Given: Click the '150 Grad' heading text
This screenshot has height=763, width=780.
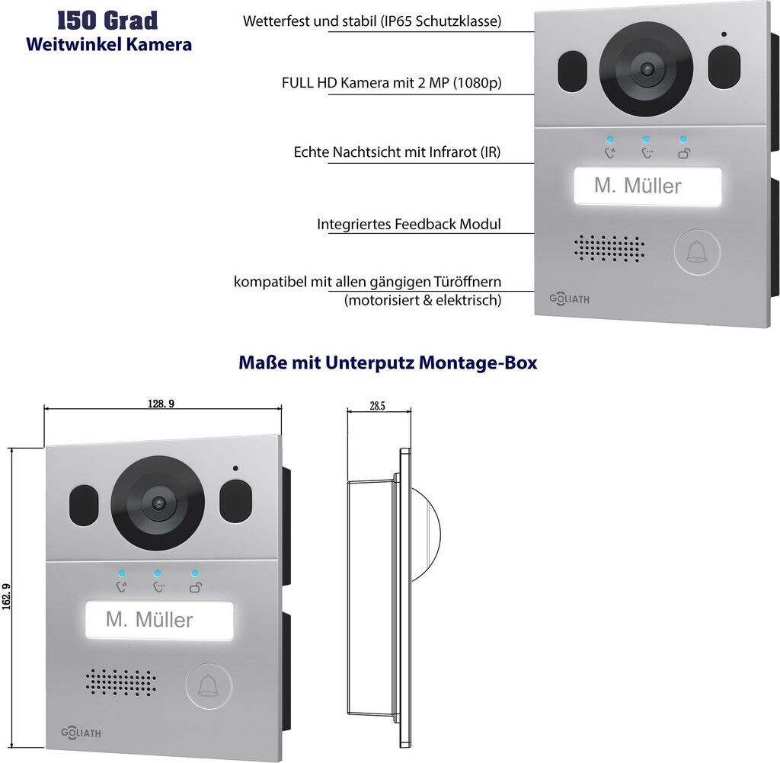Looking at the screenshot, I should coord(107,20).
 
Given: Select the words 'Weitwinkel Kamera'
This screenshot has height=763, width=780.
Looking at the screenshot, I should coord(109,44).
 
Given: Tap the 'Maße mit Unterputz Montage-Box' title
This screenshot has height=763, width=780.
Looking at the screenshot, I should coord(388,362).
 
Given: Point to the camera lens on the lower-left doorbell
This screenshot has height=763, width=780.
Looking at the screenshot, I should coord(158,503).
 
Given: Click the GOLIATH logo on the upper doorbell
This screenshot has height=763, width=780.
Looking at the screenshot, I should coord(569,299).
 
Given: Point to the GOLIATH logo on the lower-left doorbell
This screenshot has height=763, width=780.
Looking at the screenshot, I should coord(81,733).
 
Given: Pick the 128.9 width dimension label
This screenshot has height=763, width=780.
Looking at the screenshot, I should coord(161,404).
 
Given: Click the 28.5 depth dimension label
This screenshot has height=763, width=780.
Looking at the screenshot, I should coord(377,407).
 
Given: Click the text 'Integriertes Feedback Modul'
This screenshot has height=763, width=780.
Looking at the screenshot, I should coord(409,225).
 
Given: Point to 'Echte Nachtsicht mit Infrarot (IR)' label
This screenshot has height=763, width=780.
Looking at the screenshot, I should coord(397,152).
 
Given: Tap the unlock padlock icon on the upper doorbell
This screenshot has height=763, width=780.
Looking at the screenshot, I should coord(683,154).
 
